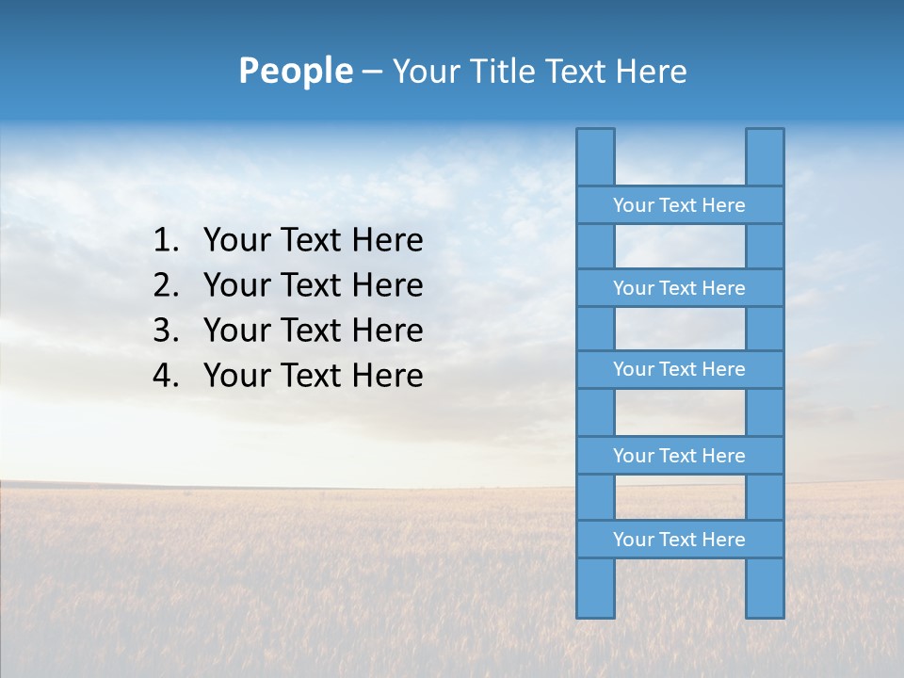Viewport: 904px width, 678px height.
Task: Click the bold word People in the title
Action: pyautogui.click(x=295, y=71)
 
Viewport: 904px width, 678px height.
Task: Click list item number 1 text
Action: pyautogui.click(x=313, y=241)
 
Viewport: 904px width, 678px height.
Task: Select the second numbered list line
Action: pyautogui.click(x=313, y=285)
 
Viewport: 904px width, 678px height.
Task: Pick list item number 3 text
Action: pyautogui.click(x=313, y=331)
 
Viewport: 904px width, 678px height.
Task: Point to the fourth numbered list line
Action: pyautogui.click(x=313, y=376)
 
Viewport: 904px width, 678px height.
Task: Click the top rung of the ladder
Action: pyautogui.click(x=679, y=205)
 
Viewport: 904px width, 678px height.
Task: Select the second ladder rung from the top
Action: pyautogui.click(x=679, y=288)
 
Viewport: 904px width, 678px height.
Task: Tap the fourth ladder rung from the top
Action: pyautogui.click(x=679, y=456)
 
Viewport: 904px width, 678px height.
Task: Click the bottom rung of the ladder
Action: pyautogui.click(x=679, y=540)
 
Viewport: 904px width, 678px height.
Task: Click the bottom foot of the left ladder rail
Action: pyautogui.click(x=595, y=607)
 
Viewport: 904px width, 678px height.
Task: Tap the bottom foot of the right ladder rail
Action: pyautogui.click(x=765, y=607)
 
